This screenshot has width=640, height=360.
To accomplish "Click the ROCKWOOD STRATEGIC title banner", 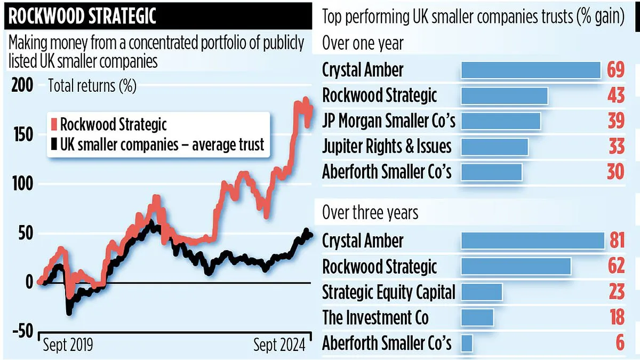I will click(x=83, y=16).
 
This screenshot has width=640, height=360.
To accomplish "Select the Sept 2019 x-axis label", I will click(x=67, y=345).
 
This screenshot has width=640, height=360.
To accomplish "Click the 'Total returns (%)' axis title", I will click(x=92, y=85).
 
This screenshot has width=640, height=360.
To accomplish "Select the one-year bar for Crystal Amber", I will click(x=531, y=70).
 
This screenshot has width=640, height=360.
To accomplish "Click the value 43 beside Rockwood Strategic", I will click(x=615, y=95).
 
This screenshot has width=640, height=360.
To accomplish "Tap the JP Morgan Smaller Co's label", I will click(x=389, y=121).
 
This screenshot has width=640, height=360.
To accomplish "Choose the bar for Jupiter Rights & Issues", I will click(x=494, y=147).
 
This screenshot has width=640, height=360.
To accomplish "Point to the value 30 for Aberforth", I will click(x=615, y=172).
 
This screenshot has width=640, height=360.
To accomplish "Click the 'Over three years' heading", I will click(x=370, y=213).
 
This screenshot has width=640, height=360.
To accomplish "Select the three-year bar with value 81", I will click(x=532, y=241).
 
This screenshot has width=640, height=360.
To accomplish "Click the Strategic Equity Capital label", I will click(x=389, y=292).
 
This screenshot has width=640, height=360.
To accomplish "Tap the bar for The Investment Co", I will click(x=477, y=317).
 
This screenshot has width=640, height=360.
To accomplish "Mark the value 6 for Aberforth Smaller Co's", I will click(x=619, y=343).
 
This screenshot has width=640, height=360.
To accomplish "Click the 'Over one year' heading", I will click(x=363, y=43).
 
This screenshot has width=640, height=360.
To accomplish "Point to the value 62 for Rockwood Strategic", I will click(x=615, y=266).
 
